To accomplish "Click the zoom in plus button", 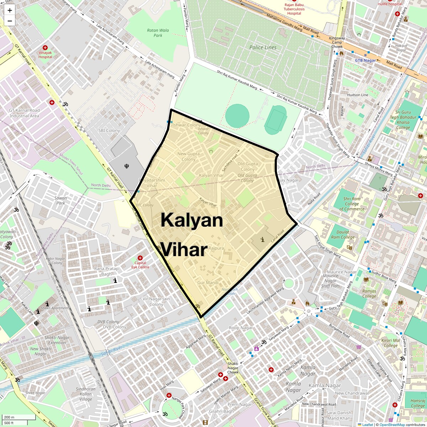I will pos(10,10).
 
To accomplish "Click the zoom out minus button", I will pos(10,21).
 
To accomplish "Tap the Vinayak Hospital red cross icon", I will pos(45,48).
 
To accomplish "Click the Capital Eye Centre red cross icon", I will pos(140,258).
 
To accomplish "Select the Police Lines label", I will pos(263,47).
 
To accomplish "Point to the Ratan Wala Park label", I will pos(158,33).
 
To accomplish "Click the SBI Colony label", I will pos(109,131).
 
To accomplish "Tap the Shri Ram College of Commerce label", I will pos(352,204).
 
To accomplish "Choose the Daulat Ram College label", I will pos(343,234).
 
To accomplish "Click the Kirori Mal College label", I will pos(391,343).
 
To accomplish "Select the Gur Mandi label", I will pos(208,283).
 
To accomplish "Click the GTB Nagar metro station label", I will pos(365,60).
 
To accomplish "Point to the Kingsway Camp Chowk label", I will pos(337,42).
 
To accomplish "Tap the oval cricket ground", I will pos(237,116).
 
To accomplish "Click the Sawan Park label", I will pos(61,201).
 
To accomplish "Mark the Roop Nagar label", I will pos(241,328).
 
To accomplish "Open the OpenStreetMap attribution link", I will pos(392,425).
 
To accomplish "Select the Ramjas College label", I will pos(369,294).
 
